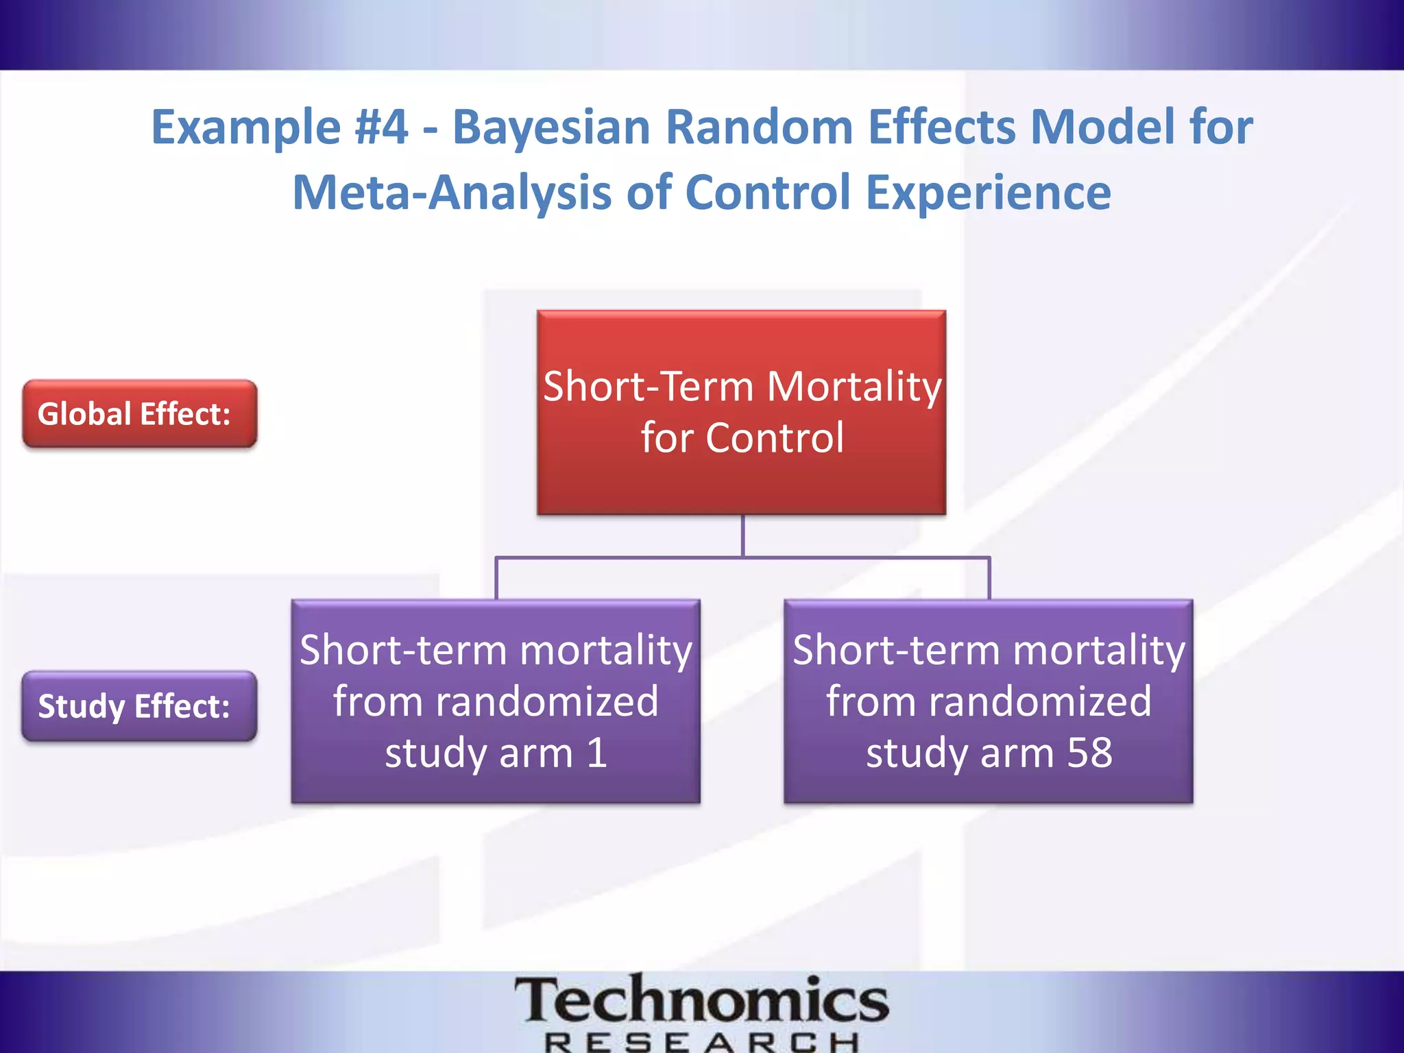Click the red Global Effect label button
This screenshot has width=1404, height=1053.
(x=139, y=414)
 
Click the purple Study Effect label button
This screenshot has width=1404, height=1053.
(x=139, y=706)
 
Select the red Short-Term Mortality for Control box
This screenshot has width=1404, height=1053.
(x=741, y=412)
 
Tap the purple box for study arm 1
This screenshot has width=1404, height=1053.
(x=496, y=701)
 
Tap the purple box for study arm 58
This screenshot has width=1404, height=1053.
(x=988, y=701)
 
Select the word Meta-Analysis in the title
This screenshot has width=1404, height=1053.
(x=451, y=193)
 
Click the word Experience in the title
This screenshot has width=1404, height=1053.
(x=988, y=193)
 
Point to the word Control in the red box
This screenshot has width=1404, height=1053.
(x=775, y=438)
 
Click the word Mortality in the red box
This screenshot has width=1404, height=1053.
(x=854, y=386)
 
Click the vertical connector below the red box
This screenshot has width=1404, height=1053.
(x=742, y=535)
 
